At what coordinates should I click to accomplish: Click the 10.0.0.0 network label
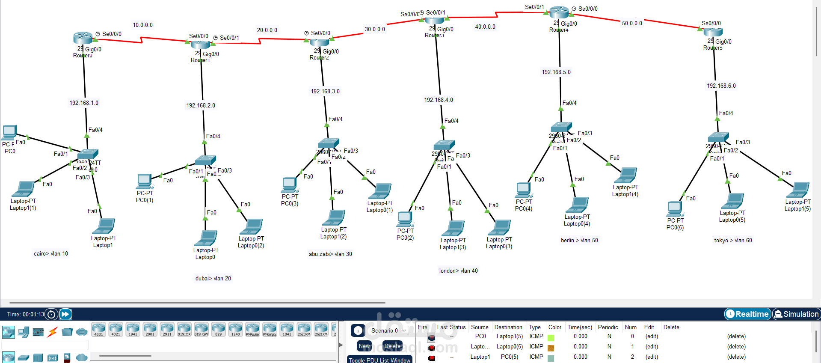(142, 25)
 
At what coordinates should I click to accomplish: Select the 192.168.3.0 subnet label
(325, 92)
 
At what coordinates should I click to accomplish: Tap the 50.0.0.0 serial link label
(632, 24)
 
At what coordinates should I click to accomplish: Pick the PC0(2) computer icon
(405, 219)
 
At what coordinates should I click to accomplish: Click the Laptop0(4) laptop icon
(578, 205)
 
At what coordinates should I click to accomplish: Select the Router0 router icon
(83, 38)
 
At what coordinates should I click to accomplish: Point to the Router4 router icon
(559, 12)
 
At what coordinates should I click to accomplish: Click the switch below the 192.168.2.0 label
(205, 161)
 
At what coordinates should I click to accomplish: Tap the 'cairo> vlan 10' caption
(51, 254)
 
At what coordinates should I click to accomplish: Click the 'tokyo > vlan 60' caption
(733, 241)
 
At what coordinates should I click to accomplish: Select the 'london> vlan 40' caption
(458, 271)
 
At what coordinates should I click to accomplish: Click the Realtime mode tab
(747, 314)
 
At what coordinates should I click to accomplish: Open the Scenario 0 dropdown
(388, 330)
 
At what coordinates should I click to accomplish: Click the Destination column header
(508, 327)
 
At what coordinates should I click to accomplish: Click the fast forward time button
(65, 314)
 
